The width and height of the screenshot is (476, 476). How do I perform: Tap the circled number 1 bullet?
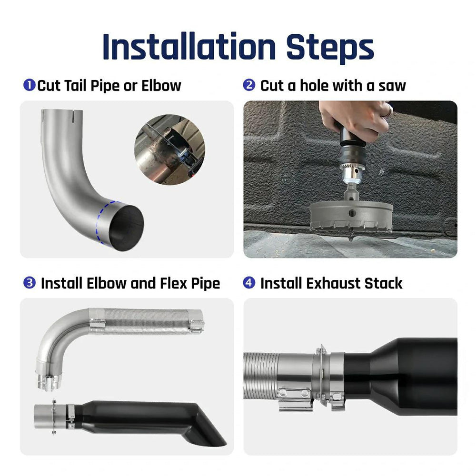(x=29, y=86)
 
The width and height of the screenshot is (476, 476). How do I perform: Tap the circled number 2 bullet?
(x=249, y=86)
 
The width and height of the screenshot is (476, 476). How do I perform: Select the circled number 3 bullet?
(x=29, y=283)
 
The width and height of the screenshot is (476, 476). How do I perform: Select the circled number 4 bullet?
(x=249, y=283)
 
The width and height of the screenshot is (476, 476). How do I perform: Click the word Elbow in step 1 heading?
(x=161, y=86)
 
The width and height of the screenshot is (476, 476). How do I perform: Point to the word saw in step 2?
(x=392, y=86)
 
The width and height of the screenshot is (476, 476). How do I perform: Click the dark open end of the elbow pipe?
(x=126, y=227)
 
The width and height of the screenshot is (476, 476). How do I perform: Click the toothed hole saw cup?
(x=351, y=217)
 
